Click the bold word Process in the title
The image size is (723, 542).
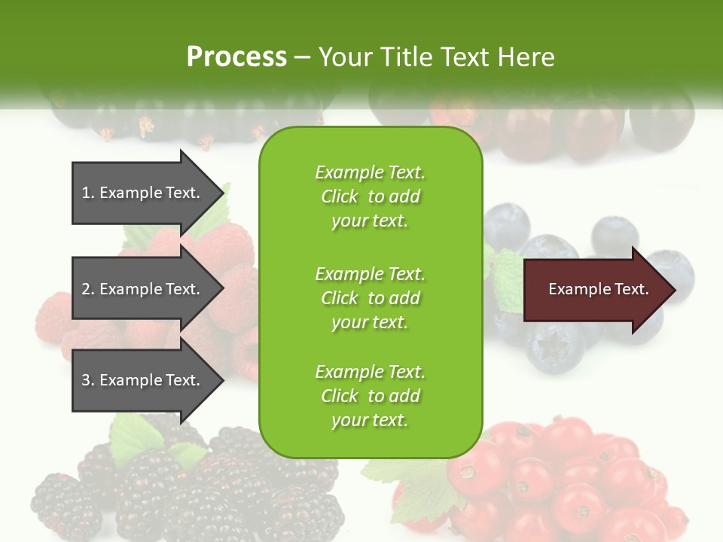pyautogui.click(x=236, y=57)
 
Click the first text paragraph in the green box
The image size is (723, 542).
pyautogui.click(x=370, y=196)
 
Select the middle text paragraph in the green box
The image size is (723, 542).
pyautogui.click(x=370, y=297)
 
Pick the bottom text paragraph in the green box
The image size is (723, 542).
pyautogui.click(x=370, y=395)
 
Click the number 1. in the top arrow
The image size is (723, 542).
pyautogui.click(x=88, y=193)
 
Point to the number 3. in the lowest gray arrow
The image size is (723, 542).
pyautogui.click(x=88, y=380)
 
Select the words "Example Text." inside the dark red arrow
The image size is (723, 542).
pyautogui.click(x=598, y=289)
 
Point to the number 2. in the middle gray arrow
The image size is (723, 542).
pyautogui.click(x=88, y=289)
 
